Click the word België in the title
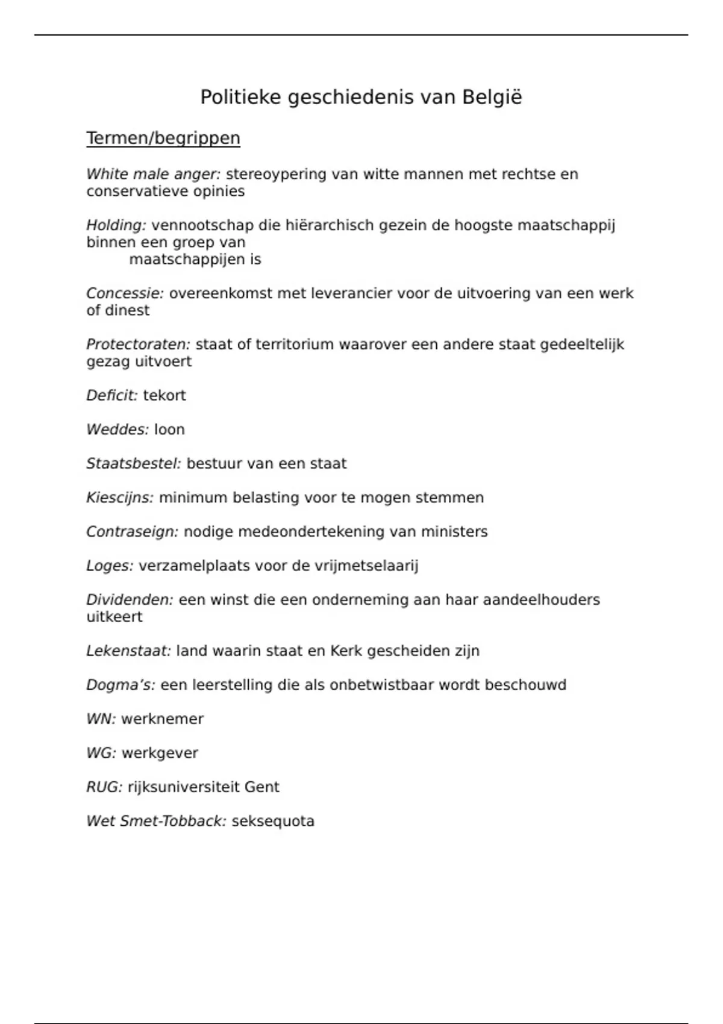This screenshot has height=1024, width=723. point(492,97)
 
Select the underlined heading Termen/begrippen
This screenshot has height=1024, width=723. point(163,138)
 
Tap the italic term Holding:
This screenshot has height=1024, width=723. point(116,225)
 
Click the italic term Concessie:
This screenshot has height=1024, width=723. point(125,293)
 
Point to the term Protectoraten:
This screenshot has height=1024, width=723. point(138,345)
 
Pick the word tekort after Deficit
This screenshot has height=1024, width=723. point(164,396)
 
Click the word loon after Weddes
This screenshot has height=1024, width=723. point(169,429)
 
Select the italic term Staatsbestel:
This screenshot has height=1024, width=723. point(133,464)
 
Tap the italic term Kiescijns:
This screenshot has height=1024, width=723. point(120,498)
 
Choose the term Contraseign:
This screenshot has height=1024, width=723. point(132,532)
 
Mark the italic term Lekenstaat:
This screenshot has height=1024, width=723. point(128,651)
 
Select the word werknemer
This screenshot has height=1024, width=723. point(163,719)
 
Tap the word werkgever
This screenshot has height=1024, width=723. point(160,753)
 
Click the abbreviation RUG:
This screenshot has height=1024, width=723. point(104,787)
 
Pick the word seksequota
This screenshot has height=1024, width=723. point(273,821)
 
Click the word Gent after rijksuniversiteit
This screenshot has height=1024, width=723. point(261,787)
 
